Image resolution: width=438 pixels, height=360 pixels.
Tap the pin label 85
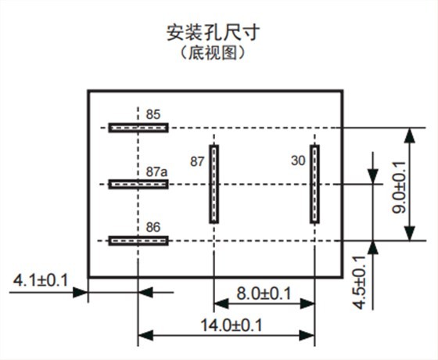[153, 114]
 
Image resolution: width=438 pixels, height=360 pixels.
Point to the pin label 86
[153, 227]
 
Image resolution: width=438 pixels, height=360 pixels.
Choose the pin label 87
[196, 161]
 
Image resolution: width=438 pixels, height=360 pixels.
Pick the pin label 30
[297, 161]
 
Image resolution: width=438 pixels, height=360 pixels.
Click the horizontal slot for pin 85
[138, 127]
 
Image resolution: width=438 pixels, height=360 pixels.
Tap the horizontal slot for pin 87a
[138, 184]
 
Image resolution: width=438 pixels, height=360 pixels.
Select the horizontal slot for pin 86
[138, 240]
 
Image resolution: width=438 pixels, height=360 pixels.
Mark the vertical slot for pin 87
[214, 184]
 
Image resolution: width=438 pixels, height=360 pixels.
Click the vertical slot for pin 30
[314, 184]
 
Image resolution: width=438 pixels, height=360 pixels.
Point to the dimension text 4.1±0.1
[41, 280]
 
